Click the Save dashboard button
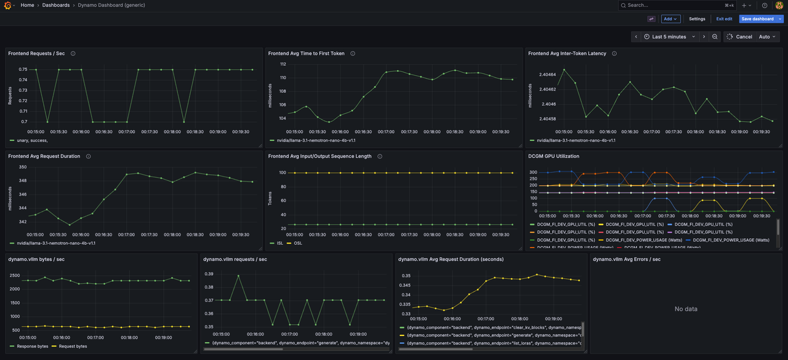[757, 19]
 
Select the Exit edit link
[724, 19]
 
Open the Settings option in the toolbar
[697, 19]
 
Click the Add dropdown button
[670, 19]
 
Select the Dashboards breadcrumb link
[55, 5]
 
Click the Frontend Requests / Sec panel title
[36, 54]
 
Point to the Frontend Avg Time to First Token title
[306, 54]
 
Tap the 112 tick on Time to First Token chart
[283, 64]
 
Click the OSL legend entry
[298, 243]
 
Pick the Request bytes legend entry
[73, 346]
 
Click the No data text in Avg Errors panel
[686, 309]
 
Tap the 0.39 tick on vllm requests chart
[209, 274]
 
